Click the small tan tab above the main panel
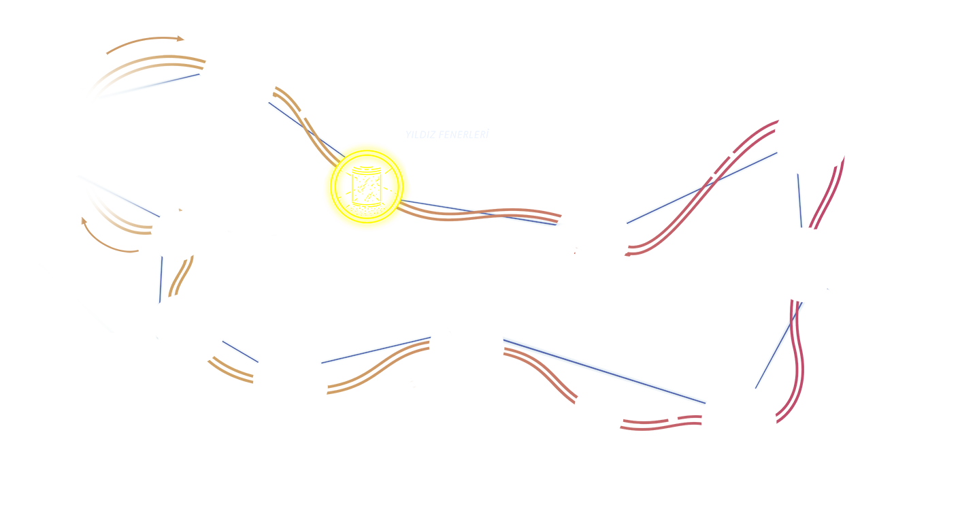coord(145,44)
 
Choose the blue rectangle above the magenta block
coord(757,95)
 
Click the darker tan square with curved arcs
coord(110,235)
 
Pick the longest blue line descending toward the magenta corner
coord(604,370)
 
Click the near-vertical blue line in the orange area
coord(161,280)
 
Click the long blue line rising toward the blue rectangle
coord(701,187)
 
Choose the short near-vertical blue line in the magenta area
coord(800,201)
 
